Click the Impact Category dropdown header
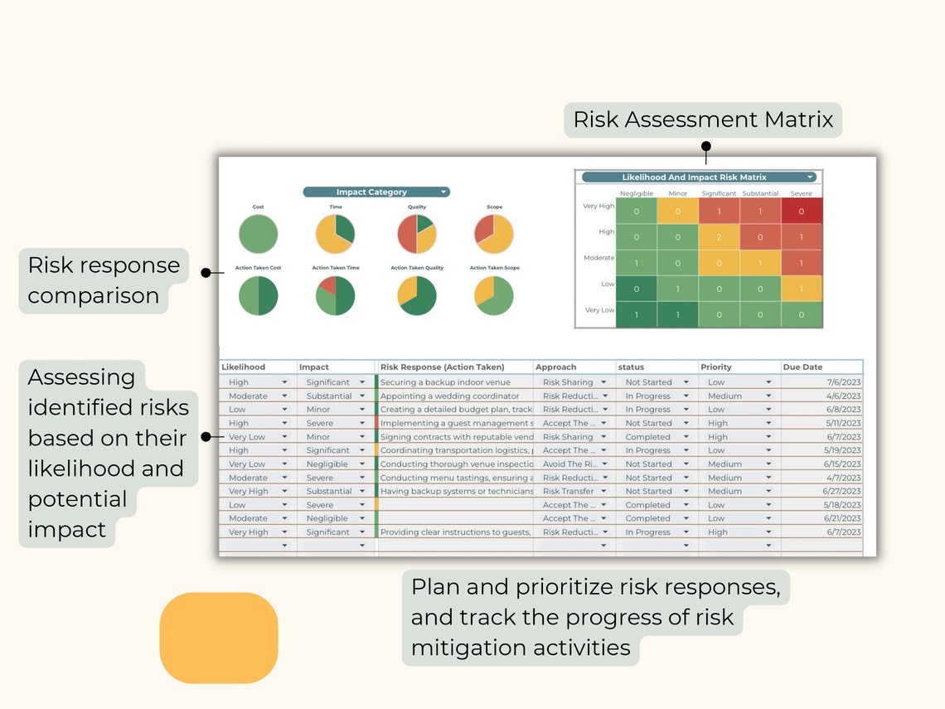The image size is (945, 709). [x=376, y=192]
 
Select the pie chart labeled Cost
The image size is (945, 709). [x=258, y=234]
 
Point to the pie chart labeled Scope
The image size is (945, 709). [x=493, y=234]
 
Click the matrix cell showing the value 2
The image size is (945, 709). [x=719, y=237]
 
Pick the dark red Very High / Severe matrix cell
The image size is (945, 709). [x=801, y=211]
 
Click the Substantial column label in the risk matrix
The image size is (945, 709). [x=760, y=193]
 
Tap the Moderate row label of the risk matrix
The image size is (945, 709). [x=598, y=258]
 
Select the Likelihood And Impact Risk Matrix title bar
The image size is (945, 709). [x=699, y=177]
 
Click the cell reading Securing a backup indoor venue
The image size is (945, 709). [x=445, y=382]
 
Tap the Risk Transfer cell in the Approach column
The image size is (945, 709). [x=568, y=491]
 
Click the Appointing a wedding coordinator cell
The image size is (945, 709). [x=449, y=396]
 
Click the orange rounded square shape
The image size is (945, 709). [x=219, y=638]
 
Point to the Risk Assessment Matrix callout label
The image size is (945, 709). [x=703, y=120]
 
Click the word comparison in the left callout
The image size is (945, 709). [x=94, y=296]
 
